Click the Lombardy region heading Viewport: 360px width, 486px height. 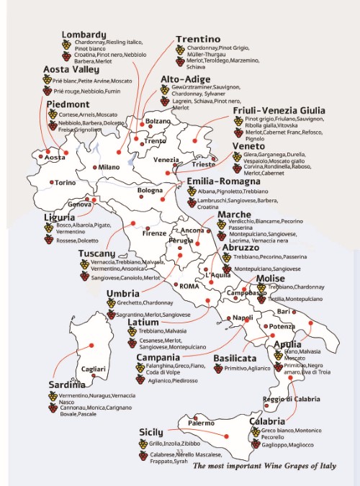[84, 34]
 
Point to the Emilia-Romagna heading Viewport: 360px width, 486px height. [223, 181]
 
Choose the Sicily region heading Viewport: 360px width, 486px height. [152, 432]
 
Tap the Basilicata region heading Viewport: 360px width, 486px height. [235, 358]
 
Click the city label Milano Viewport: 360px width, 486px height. [109, 167]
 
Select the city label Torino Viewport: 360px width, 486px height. [66, 183]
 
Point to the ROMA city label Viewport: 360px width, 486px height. [189, 286]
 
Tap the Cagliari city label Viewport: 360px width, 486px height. [94, 369]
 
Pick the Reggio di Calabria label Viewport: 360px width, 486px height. [291, 400]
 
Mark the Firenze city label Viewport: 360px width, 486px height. [154, 233]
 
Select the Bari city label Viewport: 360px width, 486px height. [284, 311]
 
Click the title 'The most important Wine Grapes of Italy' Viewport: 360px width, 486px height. [264, 466]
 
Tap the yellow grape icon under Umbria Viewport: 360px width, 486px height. [111, 303]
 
